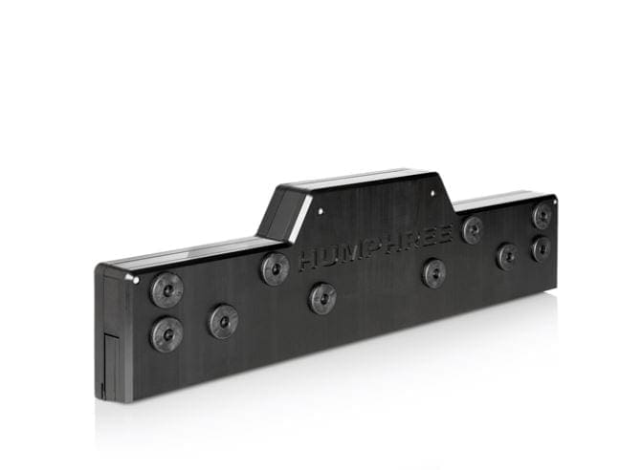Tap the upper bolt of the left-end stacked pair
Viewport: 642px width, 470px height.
167,289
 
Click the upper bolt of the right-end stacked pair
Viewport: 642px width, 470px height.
542,215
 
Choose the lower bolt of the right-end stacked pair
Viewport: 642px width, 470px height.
542,249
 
